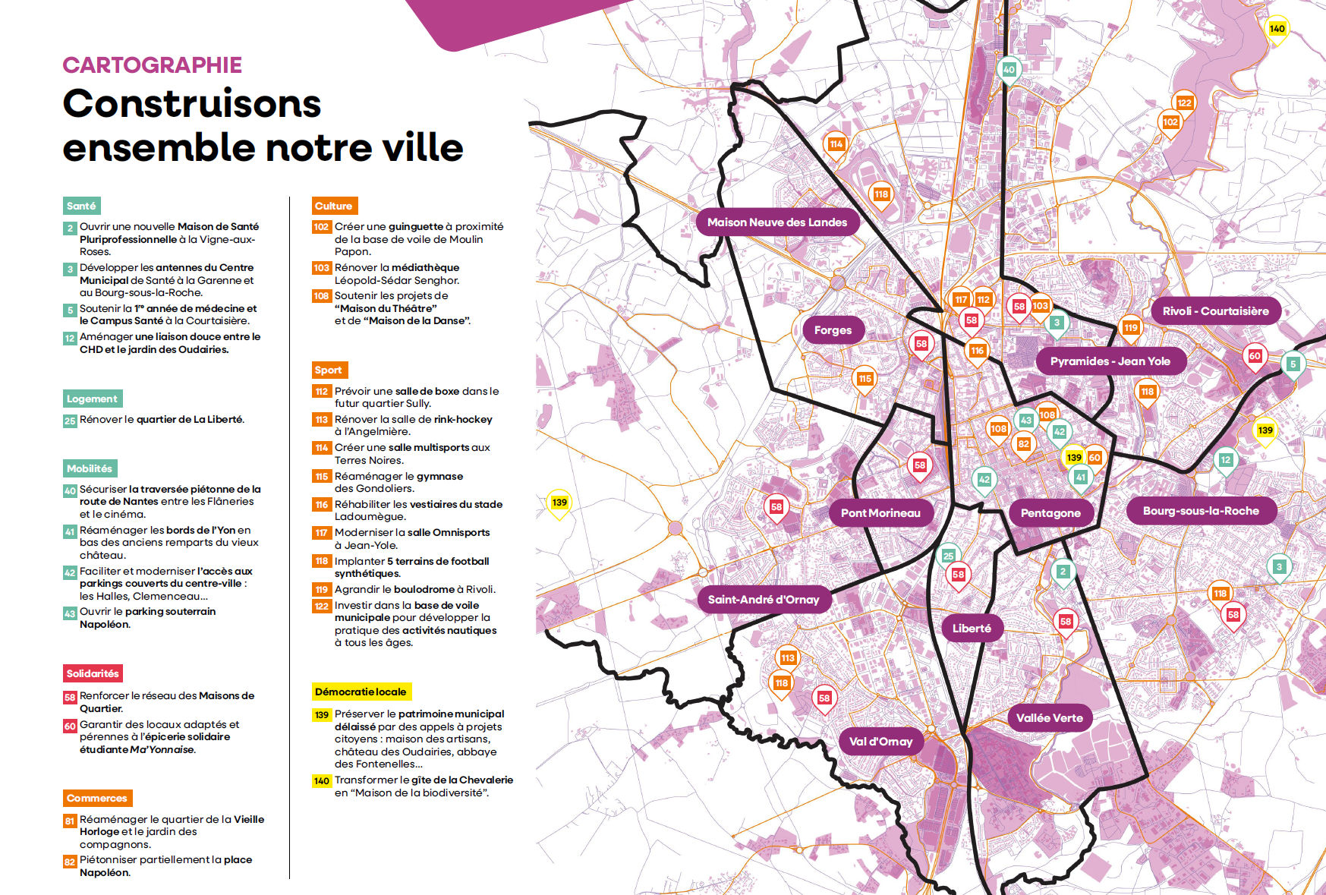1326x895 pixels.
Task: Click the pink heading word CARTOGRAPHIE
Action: click(x=152, y=65)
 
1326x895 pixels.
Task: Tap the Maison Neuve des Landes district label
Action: click(x=777, y=222)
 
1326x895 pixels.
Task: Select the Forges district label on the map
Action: click(x=833, y=330)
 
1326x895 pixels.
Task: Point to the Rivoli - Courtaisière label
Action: click(x=1215, y=311)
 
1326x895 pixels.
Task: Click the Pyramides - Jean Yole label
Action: click(x=1110, y=361)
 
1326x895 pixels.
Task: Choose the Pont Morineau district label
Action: click(x=880, y=513)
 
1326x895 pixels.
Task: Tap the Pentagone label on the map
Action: click(x=1050, y=513)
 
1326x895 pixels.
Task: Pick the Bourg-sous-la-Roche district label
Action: click(x=1201, y=511)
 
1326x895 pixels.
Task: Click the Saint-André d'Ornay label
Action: click(x=764, y=600)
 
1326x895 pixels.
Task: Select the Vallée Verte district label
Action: click(x=1050, y=718)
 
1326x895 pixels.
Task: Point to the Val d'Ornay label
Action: click(x=880, y=742)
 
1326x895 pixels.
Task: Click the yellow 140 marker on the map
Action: click(x=1277, y=29)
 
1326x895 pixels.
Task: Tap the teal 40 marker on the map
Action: click(x=1009, y=69)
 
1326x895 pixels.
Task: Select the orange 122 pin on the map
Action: click(x=1185, y=102)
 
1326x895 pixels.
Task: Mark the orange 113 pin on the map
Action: click(x=788, y=658)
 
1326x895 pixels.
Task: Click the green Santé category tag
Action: click(x=81, y=206)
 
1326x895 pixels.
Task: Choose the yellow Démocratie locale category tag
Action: click(x=361, y=692)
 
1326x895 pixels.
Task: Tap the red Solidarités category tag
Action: click(x=93, y=673)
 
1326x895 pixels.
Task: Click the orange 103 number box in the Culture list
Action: click(x=322, y=268)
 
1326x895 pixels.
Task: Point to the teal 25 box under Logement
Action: click(x=70, y=421)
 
